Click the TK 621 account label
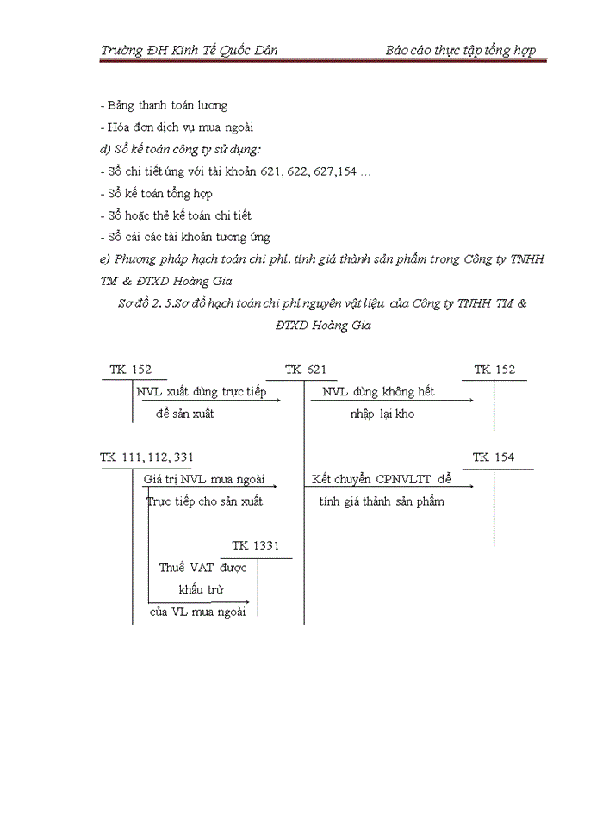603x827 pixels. click(x=306, y=370)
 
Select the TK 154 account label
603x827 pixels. click(x=494, y=457)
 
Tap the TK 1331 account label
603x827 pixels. click(x=255, y=545)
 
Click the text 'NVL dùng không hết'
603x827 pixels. click(x=378, y=392)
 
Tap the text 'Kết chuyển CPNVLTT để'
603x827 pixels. click(x=381, y=479)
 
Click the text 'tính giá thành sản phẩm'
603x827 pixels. click(x=382, y=501)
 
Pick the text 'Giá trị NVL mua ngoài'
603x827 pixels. click(x=204, y=479)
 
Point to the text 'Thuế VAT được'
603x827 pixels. click(x=203, y=568)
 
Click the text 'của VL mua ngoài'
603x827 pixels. click(x=198, y=612)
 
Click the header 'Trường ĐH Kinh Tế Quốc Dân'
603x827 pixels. click(x=189, y=50)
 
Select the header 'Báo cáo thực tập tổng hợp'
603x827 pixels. click(x=460, y=50)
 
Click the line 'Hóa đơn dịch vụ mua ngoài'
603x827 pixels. click(x=179, y=127)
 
